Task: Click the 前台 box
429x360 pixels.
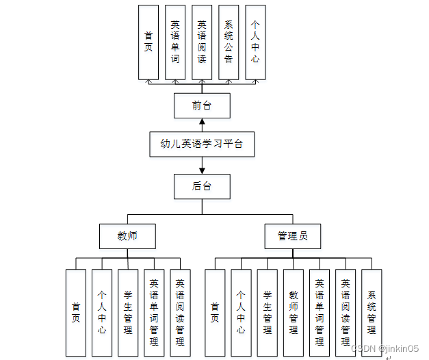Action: [x=201, y=106]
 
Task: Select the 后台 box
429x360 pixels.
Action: [x=201, y=185]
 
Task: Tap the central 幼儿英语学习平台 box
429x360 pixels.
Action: [x=201, y=144]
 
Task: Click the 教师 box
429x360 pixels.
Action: [x=127, y=236]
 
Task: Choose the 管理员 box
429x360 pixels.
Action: [x=292, y=236]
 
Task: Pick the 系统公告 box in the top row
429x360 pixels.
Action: [x=229, y=42]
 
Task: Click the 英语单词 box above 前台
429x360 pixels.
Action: [x=175, y=42]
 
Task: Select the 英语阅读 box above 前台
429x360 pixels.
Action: [x=202, y=42]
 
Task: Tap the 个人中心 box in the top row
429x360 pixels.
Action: [x=255, y=42]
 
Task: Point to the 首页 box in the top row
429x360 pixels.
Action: [x=148, y=42]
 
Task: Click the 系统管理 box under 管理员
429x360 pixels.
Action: [x=372, y=313]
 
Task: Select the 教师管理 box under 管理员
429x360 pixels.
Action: [x=294, y=313]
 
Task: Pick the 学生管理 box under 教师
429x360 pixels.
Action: [x=128, y=313]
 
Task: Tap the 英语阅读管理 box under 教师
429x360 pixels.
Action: [x=180, y=313]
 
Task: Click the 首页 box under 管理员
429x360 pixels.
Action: [x=215, y=313]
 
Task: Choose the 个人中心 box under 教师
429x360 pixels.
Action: [x=102, y=313]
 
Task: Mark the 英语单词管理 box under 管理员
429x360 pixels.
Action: [x=320, y=313]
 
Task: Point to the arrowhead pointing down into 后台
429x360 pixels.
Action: [x=202, y=170]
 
